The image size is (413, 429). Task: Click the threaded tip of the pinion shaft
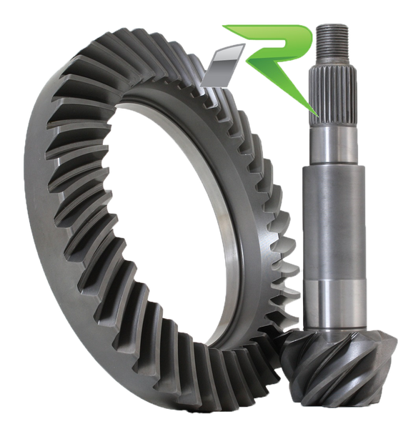tap(332, 39)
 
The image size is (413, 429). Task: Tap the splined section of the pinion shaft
tap(333, 97)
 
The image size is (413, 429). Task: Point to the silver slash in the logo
tap(223, 66)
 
